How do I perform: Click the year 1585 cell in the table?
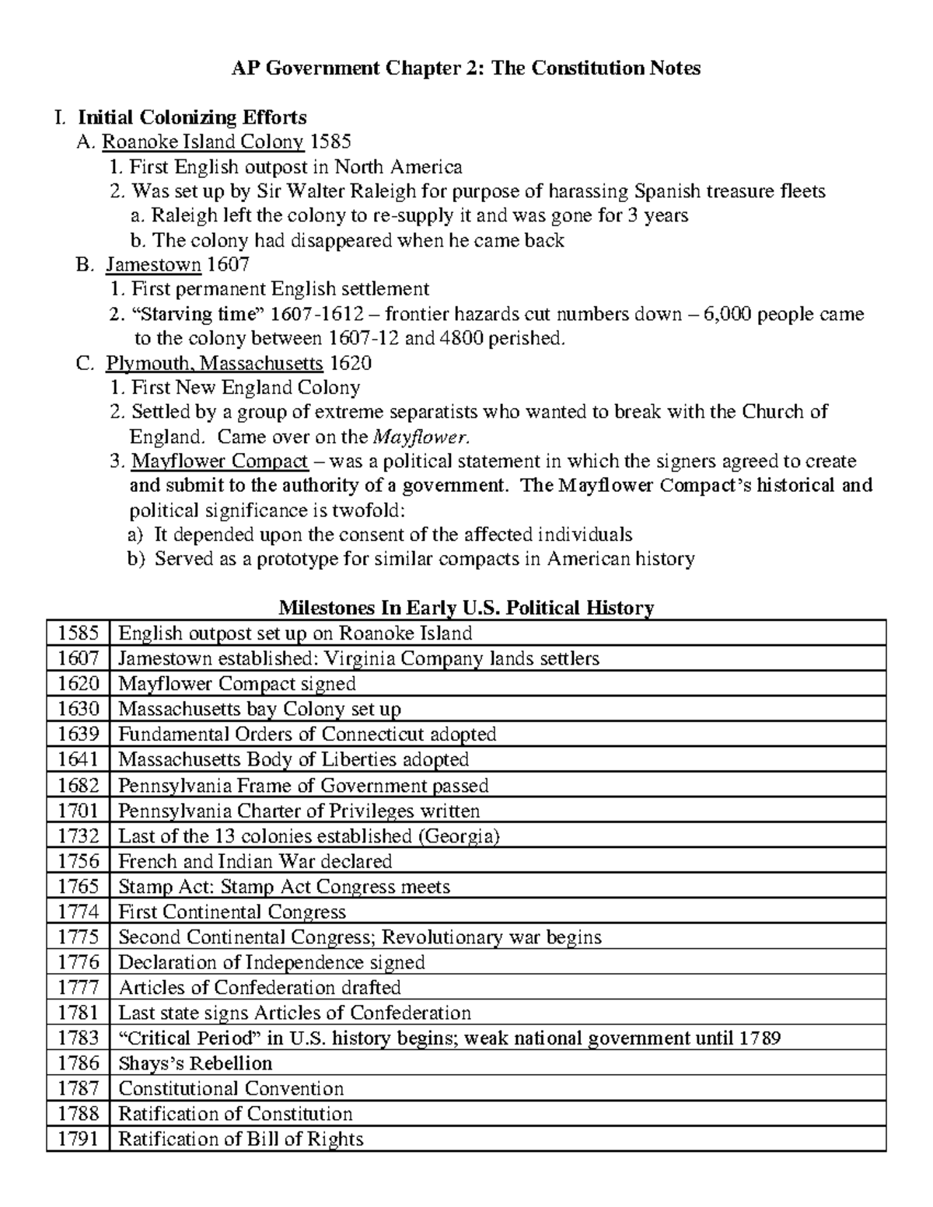coord(78,633)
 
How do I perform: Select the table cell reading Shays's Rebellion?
coord(195,1063)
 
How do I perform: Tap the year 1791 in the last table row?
coord(78,1139)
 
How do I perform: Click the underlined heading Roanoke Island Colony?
coord(203,141)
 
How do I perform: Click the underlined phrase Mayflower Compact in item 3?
coord(219,462)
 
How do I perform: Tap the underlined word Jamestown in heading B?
coord(153,265)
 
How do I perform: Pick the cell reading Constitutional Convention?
coord(231,1088)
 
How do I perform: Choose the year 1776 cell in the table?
coord(78,962)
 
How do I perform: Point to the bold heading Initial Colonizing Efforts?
coord(192,117)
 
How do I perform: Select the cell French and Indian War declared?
coord(255,861)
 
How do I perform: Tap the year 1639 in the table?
coord(78,734)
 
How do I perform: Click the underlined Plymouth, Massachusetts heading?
coord(214,363)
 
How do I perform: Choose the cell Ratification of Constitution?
coord(235,1114)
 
